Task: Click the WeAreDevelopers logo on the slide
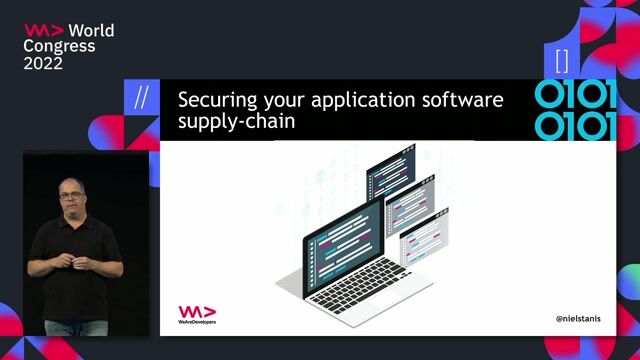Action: click(197, 315)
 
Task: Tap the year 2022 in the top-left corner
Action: click(44, 63)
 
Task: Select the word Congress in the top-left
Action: click(60, 46)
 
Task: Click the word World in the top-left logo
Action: click(91, 30)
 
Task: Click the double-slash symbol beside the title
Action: click(141, 98)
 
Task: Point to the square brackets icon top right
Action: click(561, 58)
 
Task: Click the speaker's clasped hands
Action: click(72, 262)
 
